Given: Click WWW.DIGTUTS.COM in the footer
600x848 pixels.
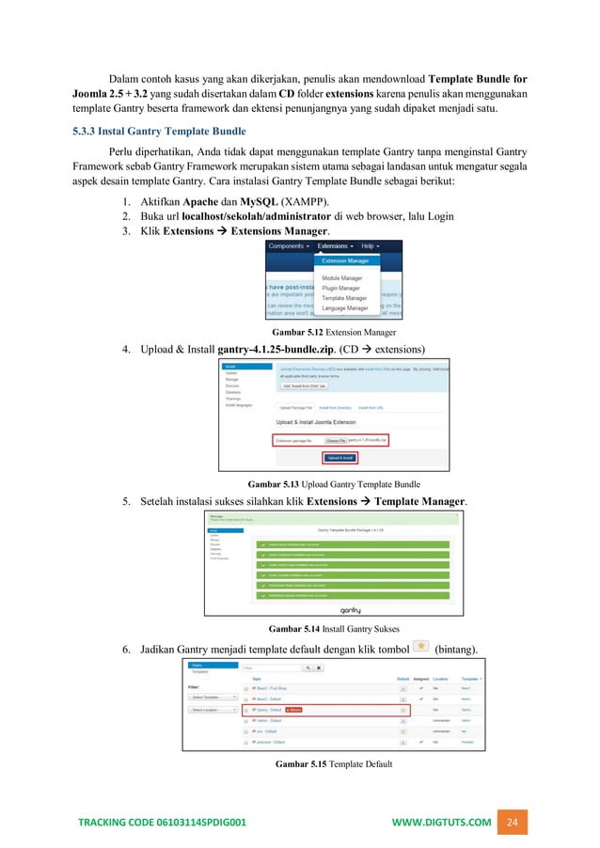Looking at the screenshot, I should [x=441, y=822].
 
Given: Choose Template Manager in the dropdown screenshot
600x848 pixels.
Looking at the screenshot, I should [x=343, y=296].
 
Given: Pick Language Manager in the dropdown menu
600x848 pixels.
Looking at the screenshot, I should [x=344, y=307].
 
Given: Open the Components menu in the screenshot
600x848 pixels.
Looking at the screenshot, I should [x=290, y=245].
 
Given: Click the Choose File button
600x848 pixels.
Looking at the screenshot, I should [x=335, y=440].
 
